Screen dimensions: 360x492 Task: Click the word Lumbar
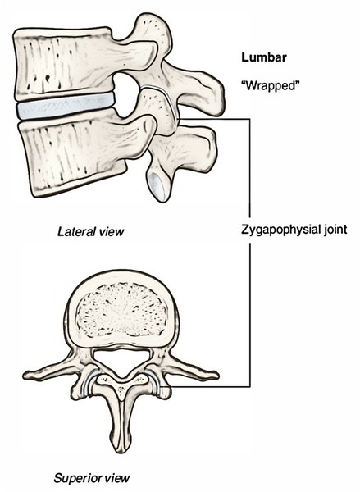click(x=264, y=57)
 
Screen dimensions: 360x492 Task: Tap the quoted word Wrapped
click(x=270, y=85)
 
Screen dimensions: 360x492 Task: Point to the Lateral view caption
click(x=91, y=232)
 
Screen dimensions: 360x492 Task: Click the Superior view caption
click(x=92, y=478)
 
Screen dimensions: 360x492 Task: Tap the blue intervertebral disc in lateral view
click(x=65, y=106)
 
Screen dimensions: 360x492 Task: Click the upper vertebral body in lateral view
click(x=63, y=63)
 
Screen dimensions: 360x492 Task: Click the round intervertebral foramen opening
click(x=125, y=95)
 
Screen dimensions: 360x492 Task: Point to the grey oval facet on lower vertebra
click(x=157, y=186)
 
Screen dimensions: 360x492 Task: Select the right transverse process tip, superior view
click(x=216, y=375)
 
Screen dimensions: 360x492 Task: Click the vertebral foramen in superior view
click(x=121, y=361)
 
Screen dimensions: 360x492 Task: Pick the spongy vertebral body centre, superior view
click(x=121, y=310)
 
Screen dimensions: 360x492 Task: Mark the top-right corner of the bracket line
click(x=250, y=119)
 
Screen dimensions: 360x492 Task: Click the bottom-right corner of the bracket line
click(x=250, y=386)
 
